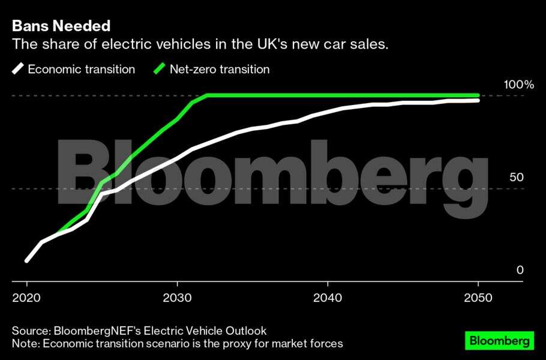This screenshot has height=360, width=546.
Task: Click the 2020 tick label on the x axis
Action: coord(26,298)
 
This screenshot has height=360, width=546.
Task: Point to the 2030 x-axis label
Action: coord(177,298)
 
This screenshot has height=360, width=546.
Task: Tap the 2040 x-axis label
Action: coord(328,298)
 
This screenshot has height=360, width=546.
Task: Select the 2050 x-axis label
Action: coord(478,298)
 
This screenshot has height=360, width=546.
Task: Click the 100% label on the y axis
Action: coord(518,85)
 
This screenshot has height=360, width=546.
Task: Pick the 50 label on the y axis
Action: coord(517,178)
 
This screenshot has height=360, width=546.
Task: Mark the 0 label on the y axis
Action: coord(520,271)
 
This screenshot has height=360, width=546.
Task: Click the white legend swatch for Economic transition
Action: coord(17,69)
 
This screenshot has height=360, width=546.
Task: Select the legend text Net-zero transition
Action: coord(220,69)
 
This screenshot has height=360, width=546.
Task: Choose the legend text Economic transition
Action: coord(82,69)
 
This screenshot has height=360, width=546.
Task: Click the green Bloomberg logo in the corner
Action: coord(499,340)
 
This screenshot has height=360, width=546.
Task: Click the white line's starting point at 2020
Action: coord(27,260)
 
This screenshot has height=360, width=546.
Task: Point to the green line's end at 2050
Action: coord(478,95)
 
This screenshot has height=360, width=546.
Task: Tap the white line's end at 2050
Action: coord(478,100)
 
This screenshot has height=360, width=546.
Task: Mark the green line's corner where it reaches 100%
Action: coord(207,95)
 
